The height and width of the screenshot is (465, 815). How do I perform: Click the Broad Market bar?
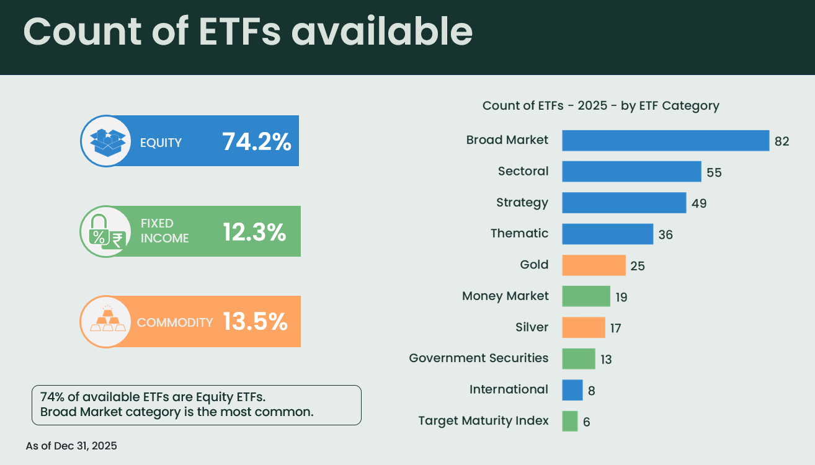pos(666,140)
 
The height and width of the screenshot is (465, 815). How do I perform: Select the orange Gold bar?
pos(594,265)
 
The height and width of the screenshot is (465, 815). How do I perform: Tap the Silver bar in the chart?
pos(583,327)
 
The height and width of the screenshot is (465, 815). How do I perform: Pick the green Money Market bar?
pos(586,296)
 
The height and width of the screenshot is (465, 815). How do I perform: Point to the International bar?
pos(572,390)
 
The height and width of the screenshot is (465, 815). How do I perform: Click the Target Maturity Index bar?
pos(569,421)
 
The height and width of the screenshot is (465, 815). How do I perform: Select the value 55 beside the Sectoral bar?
pos(714,172)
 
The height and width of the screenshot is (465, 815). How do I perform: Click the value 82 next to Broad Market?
pos(782,141)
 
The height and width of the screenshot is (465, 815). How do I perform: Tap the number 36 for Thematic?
pos(666,235)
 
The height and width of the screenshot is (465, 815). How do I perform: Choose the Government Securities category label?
pos(479,358)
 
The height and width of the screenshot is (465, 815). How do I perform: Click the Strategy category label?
pos(522,202)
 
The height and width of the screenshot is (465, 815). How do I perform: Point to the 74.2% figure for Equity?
pos(256,142)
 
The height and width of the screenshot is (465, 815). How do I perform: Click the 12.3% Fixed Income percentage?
pos(254,232)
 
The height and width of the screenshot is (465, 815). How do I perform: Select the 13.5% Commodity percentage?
pos(255,322)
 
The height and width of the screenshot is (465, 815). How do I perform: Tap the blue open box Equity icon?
pos(107,141)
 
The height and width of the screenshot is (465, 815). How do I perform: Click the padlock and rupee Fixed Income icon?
pos(106,232)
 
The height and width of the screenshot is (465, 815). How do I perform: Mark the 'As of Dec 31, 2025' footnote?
pos(71,445)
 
